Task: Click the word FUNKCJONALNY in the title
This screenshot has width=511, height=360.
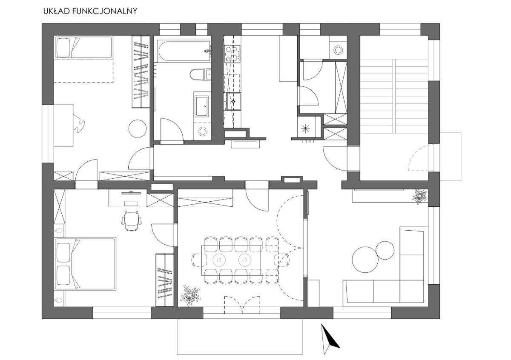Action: tap(104, 11)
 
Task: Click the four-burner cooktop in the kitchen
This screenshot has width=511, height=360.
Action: tap(232, 54)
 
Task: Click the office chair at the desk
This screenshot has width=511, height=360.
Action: tap(132, 220)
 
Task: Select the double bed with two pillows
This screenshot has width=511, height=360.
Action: tap(85, 264)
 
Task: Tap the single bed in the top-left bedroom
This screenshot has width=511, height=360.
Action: tap(83, 47)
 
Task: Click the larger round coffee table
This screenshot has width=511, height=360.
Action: tap(365, 260)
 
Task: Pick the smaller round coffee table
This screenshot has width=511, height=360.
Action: tap(385, 250)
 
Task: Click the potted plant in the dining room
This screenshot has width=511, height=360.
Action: tap(190, 295)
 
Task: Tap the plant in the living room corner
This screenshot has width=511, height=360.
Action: tap(420, 196)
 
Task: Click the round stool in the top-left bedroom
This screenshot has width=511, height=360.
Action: tap(137, 129)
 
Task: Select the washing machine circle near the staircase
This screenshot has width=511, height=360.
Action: tap(338, 50)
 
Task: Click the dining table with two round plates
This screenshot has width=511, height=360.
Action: tap(231, 260)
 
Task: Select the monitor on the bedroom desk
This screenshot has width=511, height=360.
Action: tap(131, 193)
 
